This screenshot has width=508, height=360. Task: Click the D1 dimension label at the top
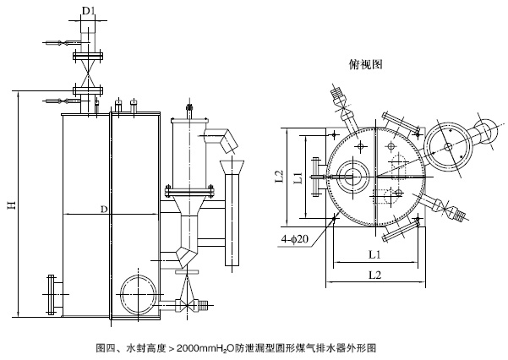coord(87,11)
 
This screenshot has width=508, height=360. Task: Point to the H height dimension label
coord(11,205)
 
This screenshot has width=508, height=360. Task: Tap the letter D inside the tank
coord(103,208)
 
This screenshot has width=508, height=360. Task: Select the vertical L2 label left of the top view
coord(279,177)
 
